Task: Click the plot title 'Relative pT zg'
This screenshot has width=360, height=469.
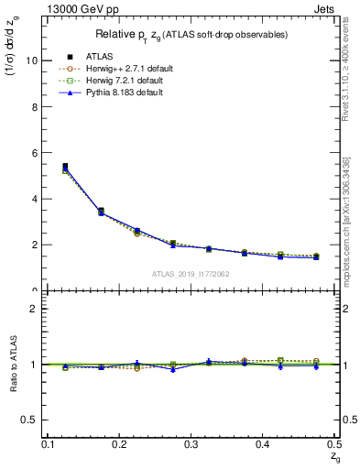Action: (195, 34)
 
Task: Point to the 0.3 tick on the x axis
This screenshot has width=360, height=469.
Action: (191, 444)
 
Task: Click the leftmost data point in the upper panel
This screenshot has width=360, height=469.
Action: (64, 167)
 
